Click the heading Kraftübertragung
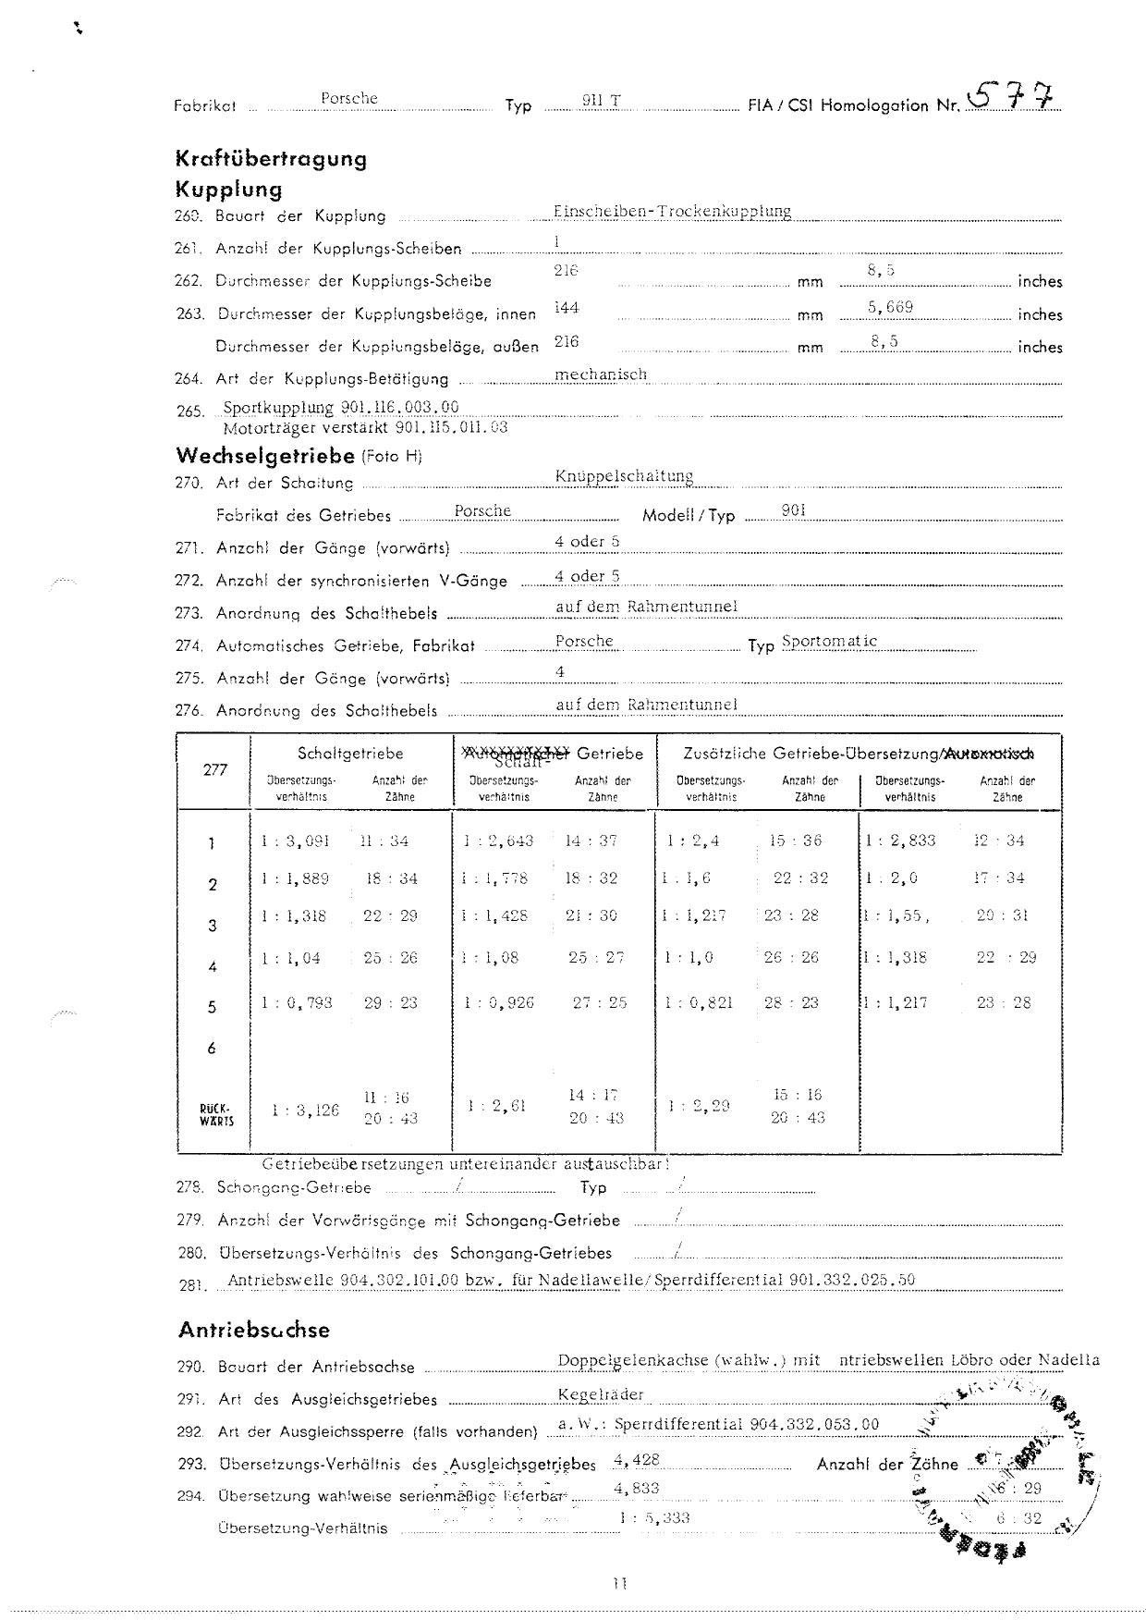point(271,159)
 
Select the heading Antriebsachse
point(253,1331)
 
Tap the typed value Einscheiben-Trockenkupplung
point(672,211)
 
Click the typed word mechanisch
point(601,374)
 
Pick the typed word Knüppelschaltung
point(624,476)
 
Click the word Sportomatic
point(829,641)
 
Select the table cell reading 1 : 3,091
point(295,841)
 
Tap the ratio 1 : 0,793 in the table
point(296,1002)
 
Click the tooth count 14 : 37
point(591,841)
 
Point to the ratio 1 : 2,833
point(900,841)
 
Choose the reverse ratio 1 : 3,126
point(305,1110)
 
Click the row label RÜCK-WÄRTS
point(216,1114)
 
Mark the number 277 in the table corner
point(215,769)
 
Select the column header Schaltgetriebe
point(350,754)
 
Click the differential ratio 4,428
point(636,1460)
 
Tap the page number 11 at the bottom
point(618,1583)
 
